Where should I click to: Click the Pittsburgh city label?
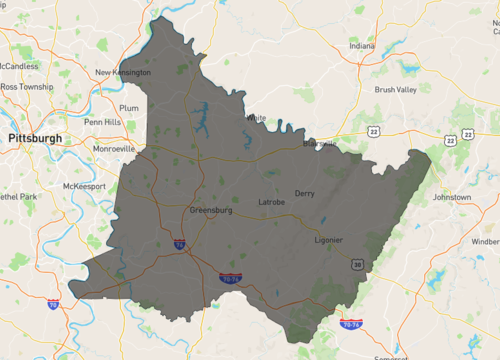coord(34,137)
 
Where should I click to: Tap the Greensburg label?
coord(212,210)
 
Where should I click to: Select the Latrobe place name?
coord(272,202)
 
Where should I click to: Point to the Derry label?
coord(305,193)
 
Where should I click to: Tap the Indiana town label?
coord(361,45)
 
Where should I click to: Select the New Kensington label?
coord(123,72)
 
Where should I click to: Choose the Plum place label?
coord(129,107)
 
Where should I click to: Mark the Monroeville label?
coord(114,147)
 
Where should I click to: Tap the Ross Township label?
coord(28,87)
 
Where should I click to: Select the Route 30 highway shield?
coord(356,263)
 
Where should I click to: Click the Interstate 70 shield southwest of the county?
coord(54,304)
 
